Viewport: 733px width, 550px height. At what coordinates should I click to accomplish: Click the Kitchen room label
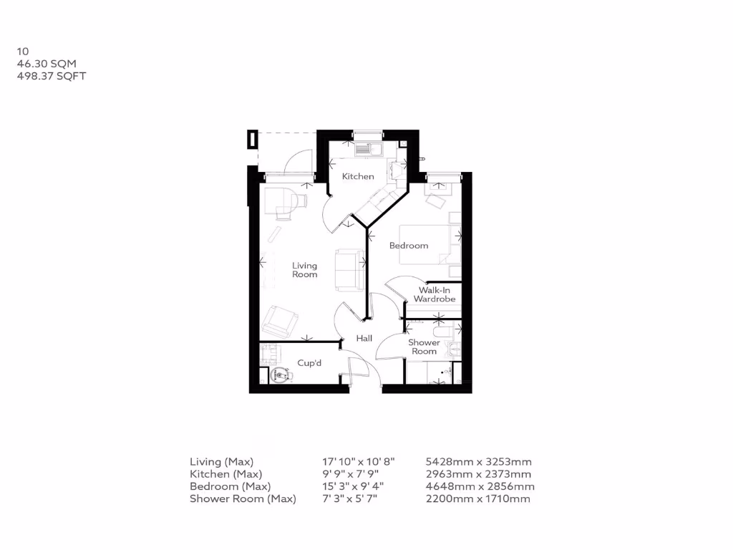(x=357, y=176)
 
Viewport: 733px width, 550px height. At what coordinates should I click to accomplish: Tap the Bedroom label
(x=409, y=246)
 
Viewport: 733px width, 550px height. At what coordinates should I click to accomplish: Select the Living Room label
(x=304, y=270)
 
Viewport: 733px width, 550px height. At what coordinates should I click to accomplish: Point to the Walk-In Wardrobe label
(x=434, y=294)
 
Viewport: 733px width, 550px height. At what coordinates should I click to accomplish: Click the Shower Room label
(x=424, y=347)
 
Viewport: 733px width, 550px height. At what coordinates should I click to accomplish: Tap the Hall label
(x=364, y=338)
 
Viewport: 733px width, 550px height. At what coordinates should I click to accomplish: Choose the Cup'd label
(x=309, y=363)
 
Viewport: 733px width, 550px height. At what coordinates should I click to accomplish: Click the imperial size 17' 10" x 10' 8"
(x=358, y=462)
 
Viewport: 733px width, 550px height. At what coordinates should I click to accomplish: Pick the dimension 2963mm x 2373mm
(x=478, y=474)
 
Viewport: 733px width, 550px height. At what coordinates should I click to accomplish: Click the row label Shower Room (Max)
(x=243, y=498)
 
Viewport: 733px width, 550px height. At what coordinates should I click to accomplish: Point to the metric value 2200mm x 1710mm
(x=477, y=498)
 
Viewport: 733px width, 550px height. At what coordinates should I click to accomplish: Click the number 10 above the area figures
(x=23, y=52)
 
